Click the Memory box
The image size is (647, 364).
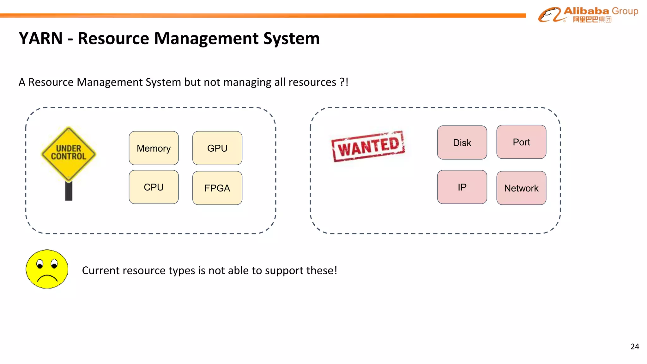tap(154, 148)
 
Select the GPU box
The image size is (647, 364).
tap(217, 148)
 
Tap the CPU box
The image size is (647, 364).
tap(154, 187)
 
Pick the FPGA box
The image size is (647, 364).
tap(217, 188)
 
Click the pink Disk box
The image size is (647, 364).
tap(462, 143)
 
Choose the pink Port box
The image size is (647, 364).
tap(521, 142)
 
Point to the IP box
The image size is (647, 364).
tap(462, 187)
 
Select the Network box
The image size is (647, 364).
tap(521, 188)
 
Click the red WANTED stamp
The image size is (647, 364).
tap(368, 146)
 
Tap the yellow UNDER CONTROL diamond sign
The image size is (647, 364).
tap(69, 153)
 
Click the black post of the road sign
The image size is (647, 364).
tap(69, 191)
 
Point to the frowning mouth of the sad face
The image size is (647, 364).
tap(47, 278)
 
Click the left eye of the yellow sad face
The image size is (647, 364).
tap(40, 264)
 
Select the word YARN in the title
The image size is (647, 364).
tap(41, 39)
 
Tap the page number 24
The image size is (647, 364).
tap(634, 347)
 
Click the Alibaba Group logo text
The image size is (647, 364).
tap(600, 11)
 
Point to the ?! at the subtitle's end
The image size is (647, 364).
tap(344, 82)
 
